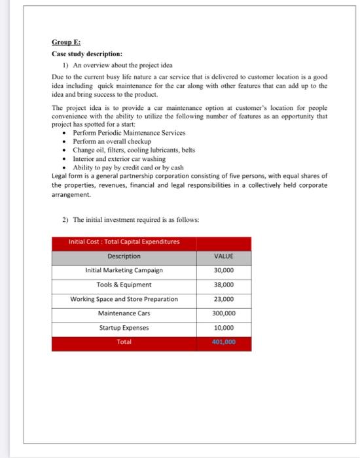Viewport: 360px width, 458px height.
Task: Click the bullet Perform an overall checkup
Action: pyautogui.click(x=111, y=141)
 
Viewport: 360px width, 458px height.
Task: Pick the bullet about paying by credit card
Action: pyautogui.click(x=123, y=167)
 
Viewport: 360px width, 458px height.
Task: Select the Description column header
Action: pyautogui.click(x=124, y=256)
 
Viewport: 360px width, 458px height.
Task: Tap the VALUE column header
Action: pyautogui.click(x=223, y=256)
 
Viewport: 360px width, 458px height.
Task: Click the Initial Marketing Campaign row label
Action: pyautogui.click(x=124, y=270)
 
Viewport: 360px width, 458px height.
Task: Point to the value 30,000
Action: pyautogui.click(x=223, y=270)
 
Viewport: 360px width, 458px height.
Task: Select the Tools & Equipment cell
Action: pyautogui.click(x=124, y=285)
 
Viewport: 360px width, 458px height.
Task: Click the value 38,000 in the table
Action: pyautogui.click(x=223, y=285)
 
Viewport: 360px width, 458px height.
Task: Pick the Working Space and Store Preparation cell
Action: pyautogui.click(x=124, y=299)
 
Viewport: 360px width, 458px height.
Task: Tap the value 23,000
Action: pyautogui.click(x=223, y=299)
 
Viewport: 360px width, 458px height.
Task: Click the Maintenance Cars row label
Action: pyautogui.click(x=124, y=313)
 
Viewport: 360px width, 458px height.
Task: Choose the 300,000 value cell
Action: pyautogui.click(x=223, y=313)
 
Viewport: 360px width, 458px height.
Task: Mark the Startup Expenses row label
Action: pyautogui.click(x=124, y=328)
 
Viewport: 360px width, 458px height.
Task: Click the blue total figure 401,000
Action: pyautogui.click(x=223, y=342)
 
